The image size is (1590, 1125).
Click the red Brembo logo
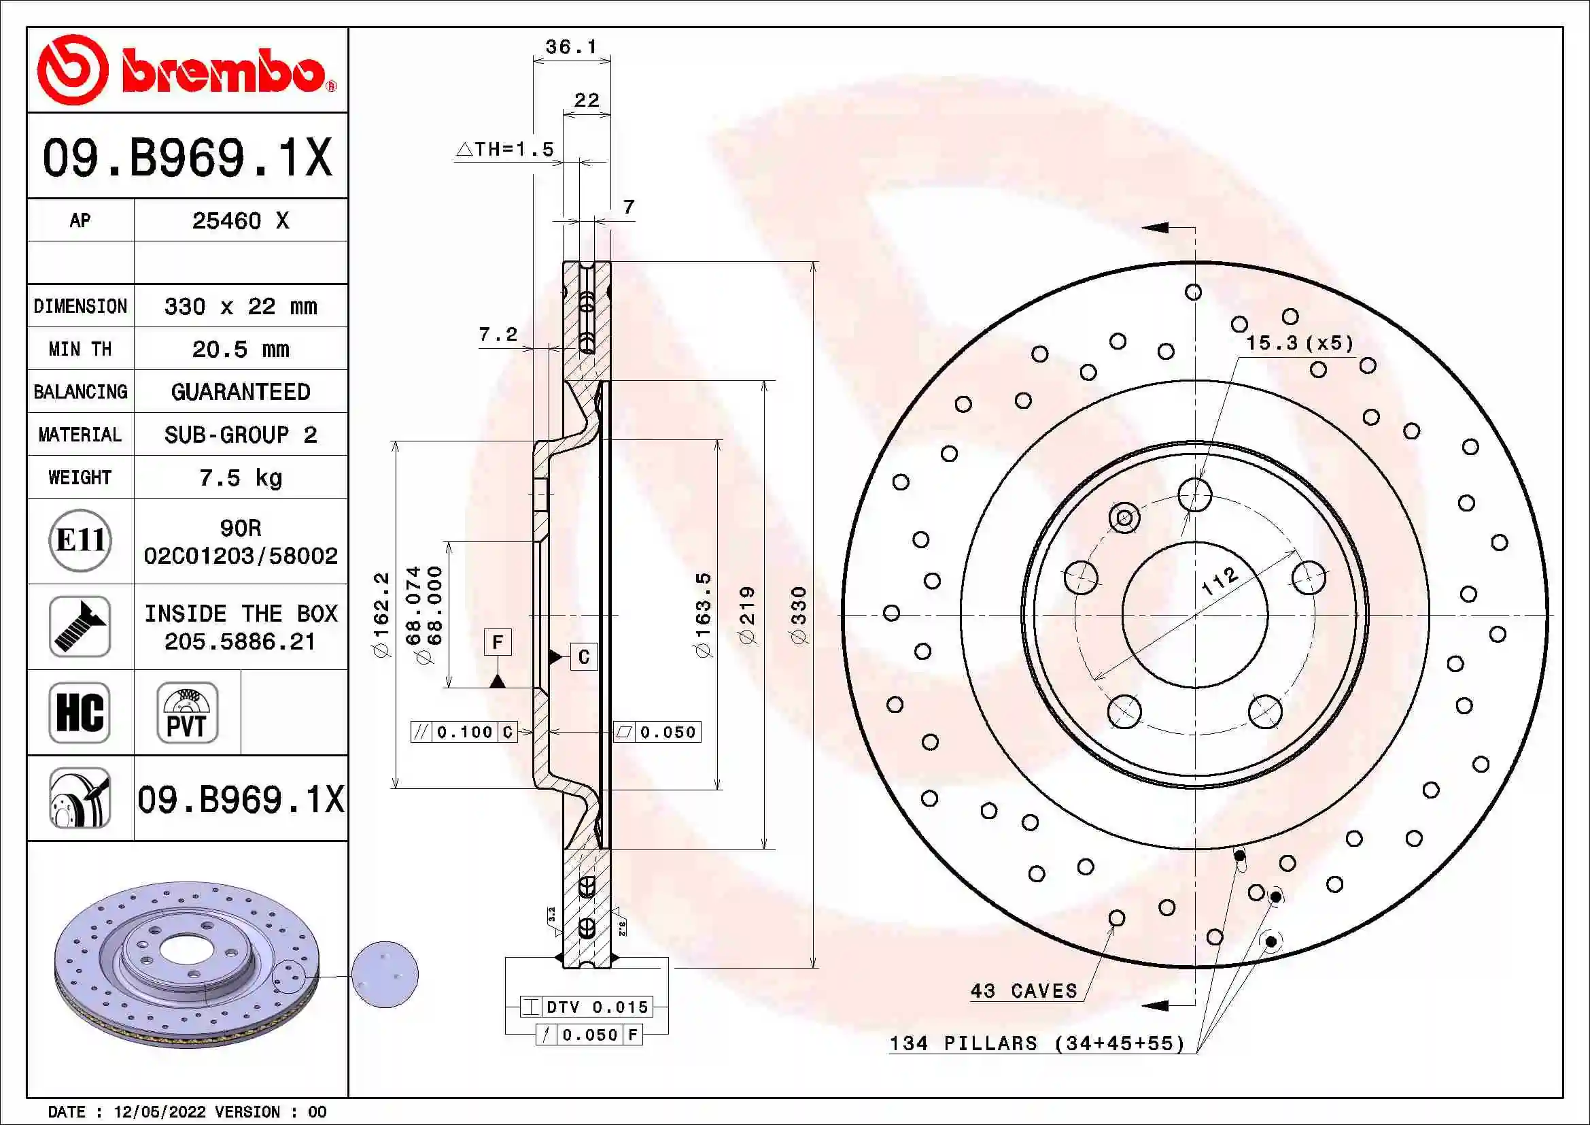click(x=186, y=70)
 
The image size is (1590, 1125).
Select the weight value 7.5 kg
click(x=240, y=478)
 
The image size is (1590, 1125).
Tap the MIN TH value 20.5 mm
click(x=240, y=349)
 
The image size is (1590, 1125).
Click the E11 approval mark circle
click(x=80, y=540)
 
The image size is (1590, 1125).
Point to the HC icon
click(x=80, y=712)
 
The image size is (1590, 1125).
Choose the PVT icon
click(x=187, y=712)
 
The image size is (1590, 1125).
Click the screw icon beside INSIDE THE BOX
click(x=80, y=626)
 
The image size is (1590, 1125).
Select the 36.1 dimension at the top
click(x=570, y=47)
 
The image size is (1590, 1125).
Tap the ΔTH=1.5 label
click(x=506, y=150)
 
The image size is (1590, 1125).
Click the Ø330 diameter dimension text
click(x=799, y=615)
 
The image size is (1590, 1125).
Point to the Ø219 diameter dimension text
click(x=748, y=615)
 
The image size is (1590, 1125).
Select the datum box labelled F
click(x=497, y=642)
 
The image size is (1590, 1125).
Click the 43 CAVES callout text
click(x=1024, y=991)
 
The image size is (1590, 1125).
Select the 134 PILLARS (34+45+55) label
click(x=1037, y=1043)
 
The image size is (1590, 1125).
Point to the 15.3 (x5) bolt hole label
click(x=1299, y=343)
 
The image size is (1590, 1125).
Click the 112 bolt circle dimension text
click(x=1220, y=580)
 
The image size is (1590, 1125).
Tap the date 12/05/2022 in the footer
click(x=159, y=1112)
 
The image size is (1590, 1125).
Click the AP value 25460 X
click(x=240, y=221)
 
